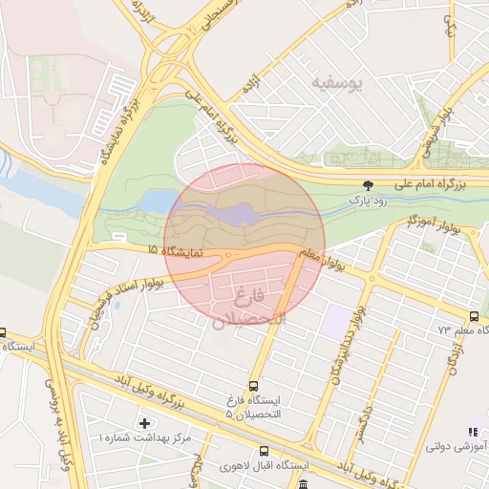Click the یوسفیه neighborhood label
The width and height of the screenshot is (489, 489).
tap(338, 84)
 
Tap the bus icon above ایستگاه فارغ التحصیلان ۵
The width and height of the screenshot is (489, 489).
tap(253, 386)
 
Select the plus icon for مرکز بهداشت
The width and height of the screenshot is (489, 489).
tap(144, 422)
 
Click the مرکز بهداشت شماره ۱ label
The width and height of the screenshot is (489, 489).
tap(144, 437)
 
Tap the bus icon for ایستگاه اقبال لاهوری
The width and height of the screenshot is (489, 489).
tap(264, 452)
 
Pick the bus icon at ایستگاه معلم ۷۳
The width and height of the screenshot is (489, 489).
tap(474, 317)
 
